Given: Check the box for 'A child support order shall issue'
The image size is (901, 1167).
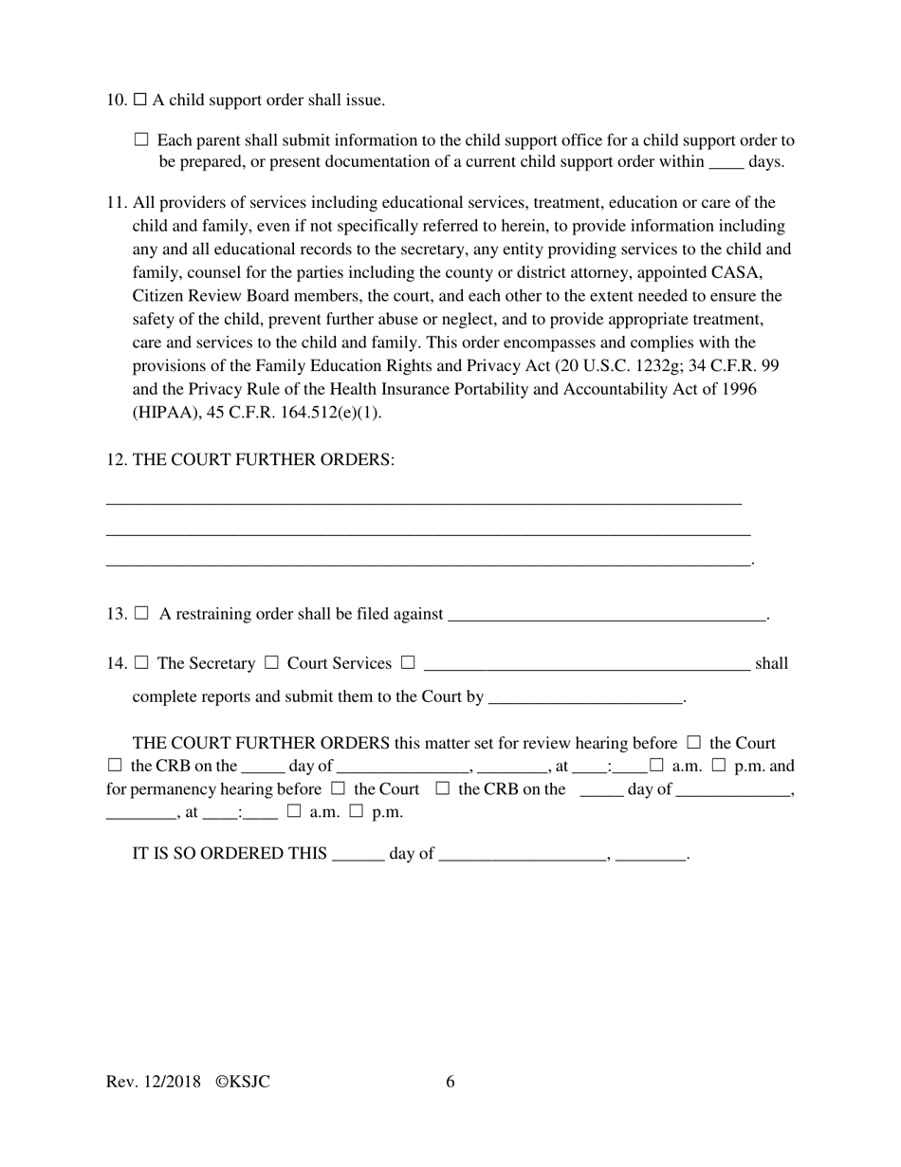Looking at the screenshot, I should tap(140, 100).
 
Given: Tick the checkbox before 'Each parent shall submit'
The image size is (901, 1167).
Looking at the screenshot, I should tap(142, 139).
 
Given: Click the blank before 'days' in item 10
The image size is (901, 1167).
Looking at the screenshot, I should tap(726, 162).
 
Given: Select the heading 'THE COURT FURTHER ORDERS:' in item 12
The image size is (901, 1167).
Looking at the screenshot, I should tap(263, 459).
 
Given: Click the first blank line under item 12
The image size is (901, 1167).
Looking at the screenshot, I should tap(424, 501).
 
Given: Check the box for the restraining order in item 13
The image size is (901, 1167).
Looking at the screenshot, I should tap(142, 613).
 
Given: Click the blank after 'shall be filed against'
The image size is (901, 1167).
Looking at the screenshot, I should tap(606, 615).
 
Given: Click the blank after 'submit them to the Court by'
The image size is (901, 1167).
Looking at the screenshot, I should tap(584, 697).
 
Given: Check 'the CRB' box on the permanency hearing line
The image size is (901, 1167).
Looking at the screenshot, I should tap(442, 788).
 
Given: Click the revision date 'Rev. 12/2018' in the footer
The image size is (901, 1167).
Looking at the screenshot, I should tap(154, 1082).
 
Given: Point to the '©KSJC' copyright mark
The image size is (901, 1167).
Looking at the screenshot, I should tap(243, 1082).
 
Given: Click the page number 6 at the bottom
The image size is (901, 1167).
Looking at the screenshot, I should tap(450, 1082).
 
